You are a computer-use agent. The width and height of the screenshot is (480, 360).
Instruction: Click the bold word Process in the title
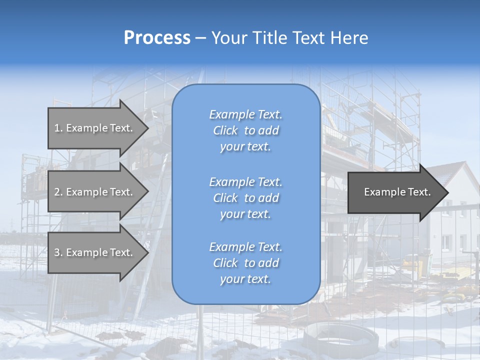(x=157, y=38)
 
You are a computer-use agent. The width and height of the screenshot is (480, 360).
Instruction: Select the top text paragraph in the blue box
(x=245, y=130)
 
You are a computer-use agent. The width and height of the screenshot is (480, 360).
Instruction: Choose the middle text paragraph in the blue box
(x=245, y=198)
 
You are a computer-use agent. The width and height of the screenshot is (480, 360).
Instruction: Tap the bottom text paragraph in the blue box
(x=245, y=263)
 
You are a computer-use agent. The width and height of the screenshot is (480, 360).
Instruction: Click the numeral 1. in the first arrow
(x=58, y=128)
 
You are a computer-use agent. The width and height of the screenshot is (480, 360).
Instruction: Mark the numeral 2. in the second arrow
(x=58, y=192)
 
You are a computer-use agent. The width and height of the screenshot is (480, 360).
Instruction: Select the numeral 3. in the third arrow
(x=58, y=252)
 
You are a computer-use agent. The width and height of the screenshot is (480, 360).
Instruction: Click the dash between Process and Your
(x=201, y=38)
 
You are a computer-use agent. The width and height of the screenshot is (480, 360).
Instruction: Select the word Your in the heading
(x=229, y=38)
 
